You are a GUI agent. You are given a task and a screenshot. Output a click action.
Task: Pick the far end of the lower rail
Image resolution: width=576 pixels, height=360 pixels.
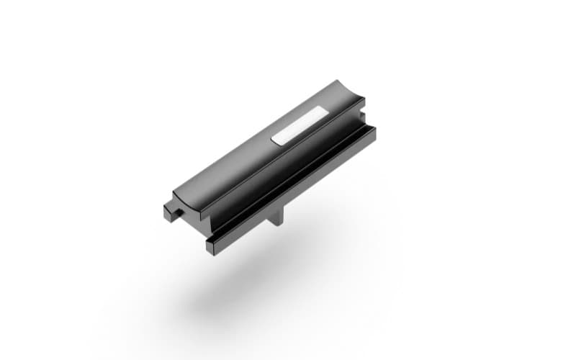[372, 132]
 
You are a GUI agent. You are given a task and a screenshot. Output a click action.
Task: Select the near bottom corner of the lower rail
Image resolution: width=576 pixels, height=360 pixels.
[210, 251]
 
